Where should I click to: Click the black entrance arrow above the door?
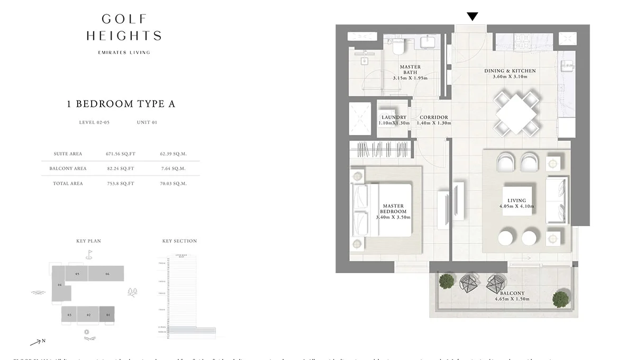click(x=472, y=17)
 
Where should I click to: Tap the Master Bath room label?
click(x=410, y=70)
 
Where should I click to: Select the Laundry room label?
click(x=394, y=118)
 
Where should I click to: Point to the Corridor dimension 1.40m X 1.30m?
click(x=434, y=123)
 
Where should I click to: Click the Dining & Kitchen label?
click(x=510, y=71)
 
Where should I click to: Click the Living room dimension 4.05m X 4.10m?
click(x=516, y=206)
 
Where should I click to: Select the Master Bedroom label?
click(x=393, y=209)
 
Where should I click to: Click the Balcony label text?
click(x=512, y=293)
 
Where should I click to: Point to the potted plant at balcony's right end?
click(x=560, y=299)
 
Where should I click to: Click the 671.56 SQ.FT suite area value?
click(x=121, y=154)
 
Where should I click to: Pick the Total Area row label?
click(x=68, y=184)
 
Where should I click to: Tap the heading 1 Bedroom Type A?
click(x=121, y=104)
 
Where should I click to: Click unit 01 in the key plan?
click(x=107, y=315)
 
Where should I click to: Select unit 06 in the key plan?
click(x=106, y=274)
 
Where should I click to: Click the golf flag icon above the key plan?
click(x=89, y=254)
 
